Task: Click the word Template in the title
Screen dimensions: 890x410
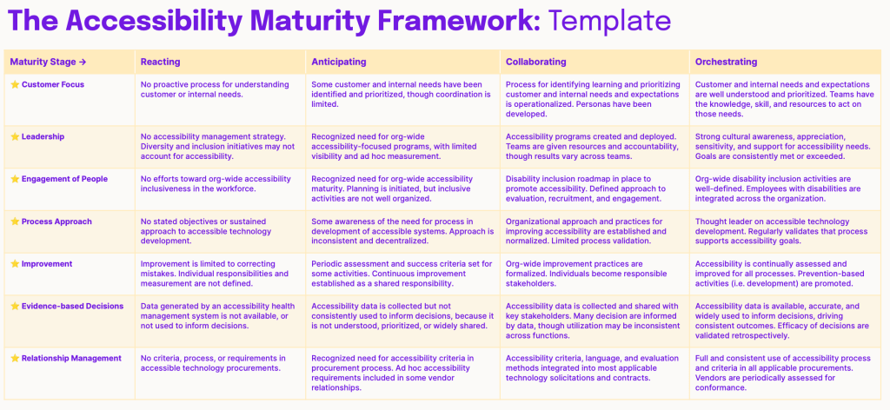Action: click(609, 22)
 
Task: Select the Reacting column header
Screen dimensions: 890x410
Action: click(161, 62)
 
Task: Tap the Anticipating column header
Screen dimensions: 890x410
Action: click(339, 62)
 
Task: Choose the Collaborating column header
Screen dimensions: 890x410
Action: click(535, 62)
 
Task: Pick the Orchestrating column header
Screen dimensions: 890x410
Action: click(726, 62)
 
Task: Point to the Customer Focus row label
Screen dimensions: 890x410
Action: click(53, 84)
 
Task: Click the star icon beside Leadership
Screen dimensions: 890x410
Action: click(15, 136)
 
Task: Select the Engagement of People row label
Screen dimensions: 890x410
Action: click(64, 179)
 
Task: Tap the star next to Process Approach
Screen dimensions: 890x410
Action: click(15, 222)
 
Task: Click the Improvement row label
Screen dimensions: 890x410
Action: click(48, 264)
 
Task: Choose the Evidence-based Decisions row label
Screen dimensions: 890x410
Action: click(73, 306)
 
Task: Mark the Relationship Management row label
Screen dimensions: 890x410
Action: click(71, 358)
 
